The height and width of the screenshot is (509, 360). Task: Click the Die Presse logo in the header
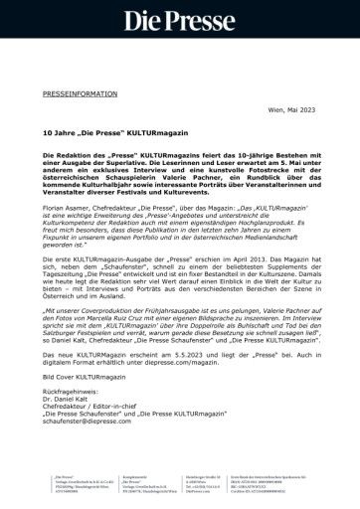pos(180,19)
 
